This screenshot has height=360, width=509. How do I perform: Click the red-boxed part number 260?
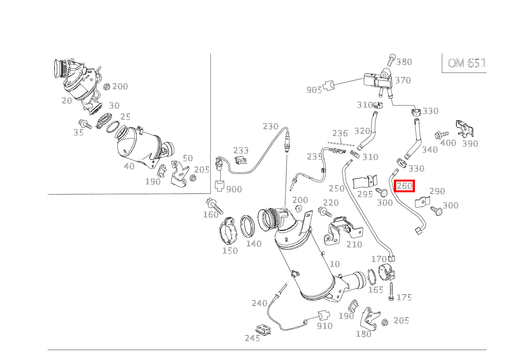(x=404, y=186)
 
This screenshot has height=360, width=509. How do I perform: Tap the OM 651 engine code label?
(x=467, y=63)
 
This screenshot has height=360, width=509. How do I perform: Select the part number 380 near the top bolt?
(x=404, y=62)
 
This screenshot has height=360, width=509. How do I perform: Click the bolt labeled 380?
(x=391, y=60)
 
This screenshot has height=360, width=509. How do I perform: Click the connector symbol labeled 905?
(x=329, y=86)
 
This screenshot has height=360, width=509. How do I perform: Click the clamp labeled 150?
(x=228, y=231)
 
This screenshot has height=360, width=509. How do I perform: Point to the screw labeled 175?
(x=391, y=291)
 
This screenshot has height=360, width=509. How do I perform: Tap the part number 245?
(x=253, y=338)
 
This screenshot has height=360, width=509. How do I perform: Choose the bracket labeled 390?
(x=465, y=129)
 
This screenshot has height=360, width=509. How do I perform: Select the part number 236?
(x=340, y=133)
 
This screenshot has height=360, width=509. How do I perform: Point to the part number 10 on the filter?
(x=335, y=264)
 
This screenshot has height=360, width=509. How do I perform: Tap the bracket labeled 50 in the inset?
(x=179, y=174)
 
